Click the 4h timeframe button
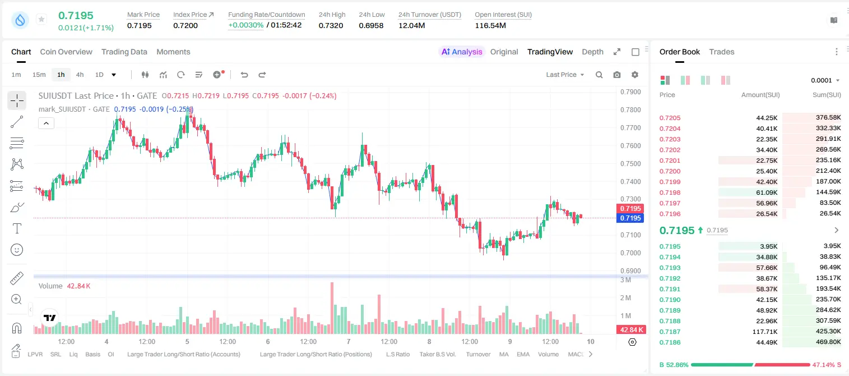click(80, 75)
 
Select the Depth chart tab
click(592, 52)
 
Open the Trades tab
click(722, 52)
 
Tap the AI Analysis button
click(462, 52)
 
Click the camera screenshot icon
click(617, 75)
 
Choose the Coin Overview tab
click(66, 52)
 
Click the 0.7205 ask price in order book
click(670, 118)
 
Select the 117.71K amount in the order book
click(765, 332)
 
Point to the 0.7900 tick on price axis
click(630, 92)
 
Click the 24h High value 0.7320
click(331, 25)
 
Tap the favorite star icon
click(41, 19)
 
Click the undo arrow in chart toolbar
click(244, 75)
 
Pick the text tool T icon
click(17, 228)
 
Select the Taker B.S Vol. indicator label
click(437, 354)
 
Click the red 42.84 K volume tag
click(631, 330)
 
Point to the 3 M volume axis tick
click(625, 280)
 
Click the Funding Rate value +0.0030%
click(245, 25)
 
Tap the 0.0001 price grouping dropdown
click(825, 80)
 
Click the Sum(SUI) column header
click(827, 95)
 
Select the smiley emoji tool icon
click(17, 250)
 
